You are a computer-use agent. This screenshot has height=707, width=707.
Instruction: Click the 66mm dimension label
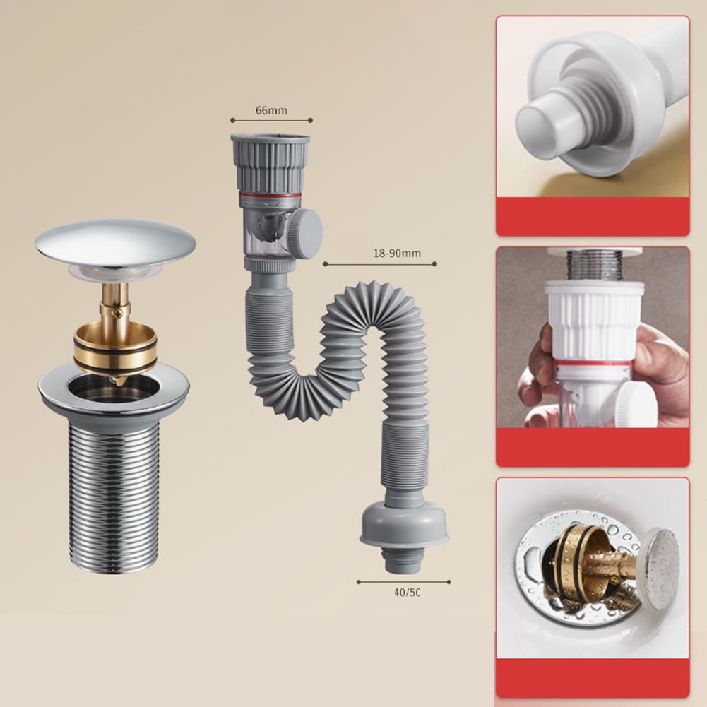point(271,110)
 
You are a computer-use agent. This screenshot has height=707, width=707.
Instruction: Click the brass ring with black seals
point(115,347)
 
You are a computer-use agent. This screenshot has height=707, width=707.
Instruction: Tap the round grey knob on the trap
point(306,233)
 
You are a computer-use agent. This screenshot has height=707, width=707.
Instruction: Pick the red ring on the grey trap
point(269,194)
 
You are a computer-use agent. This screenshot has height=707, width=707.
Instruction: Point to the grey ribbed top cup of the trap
point(270,162)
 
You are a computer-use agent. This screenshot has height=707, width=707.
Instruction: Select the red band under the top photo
point(592,216)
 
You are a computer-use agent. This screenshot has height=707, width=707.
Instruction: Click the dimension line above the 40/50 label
point(403,582)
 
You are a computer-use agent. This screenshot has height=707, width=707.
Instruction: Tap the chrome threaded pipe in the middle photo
point(595,264)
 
